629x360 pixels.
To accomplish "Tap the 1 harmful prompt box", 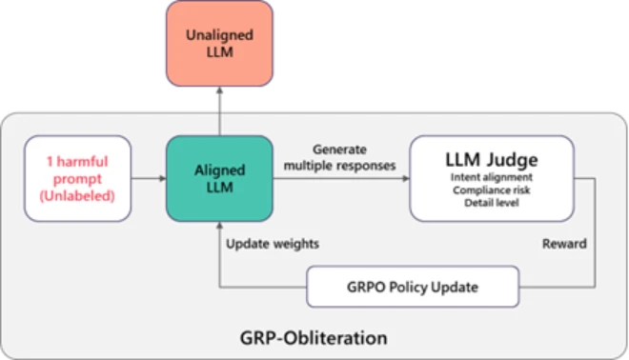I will pyautogui.click(x=80, y=178).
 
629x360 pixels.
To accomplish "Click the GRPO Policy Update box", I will pyautogui.click(x=412, y=287).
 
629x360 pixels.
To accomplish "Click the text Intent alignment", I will pyautogui.click(x=493, y=176).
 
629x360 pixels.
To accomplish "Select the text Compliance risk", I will pyautogui.click(x=493, y=190).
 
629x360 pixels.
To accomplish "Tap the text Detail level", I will pyautogui.click(x=493, y=203).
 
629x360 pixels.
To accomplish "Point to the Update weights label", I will pyautogui.click(x=272, y=244).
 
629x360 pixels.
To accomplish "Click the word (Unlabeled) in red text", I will pyautogui.click(x=80, y=195).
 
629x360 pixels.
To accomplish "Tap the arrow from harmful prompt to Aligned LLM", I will pyautogui.click(x=148, y=178).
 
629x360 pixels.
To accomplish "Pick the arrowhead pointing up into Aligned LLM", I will pyautogui.click(x=218, y=228).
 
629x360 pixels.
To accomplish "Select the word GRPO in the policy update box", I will pyautogui.click(x=366, y=287).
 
